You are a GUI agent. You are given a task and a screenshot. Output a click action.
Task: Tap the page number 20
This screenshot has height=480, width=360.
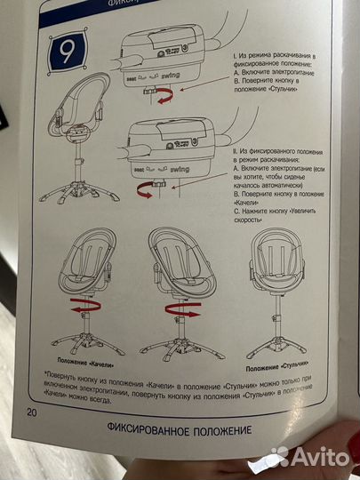pos(31,412)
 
